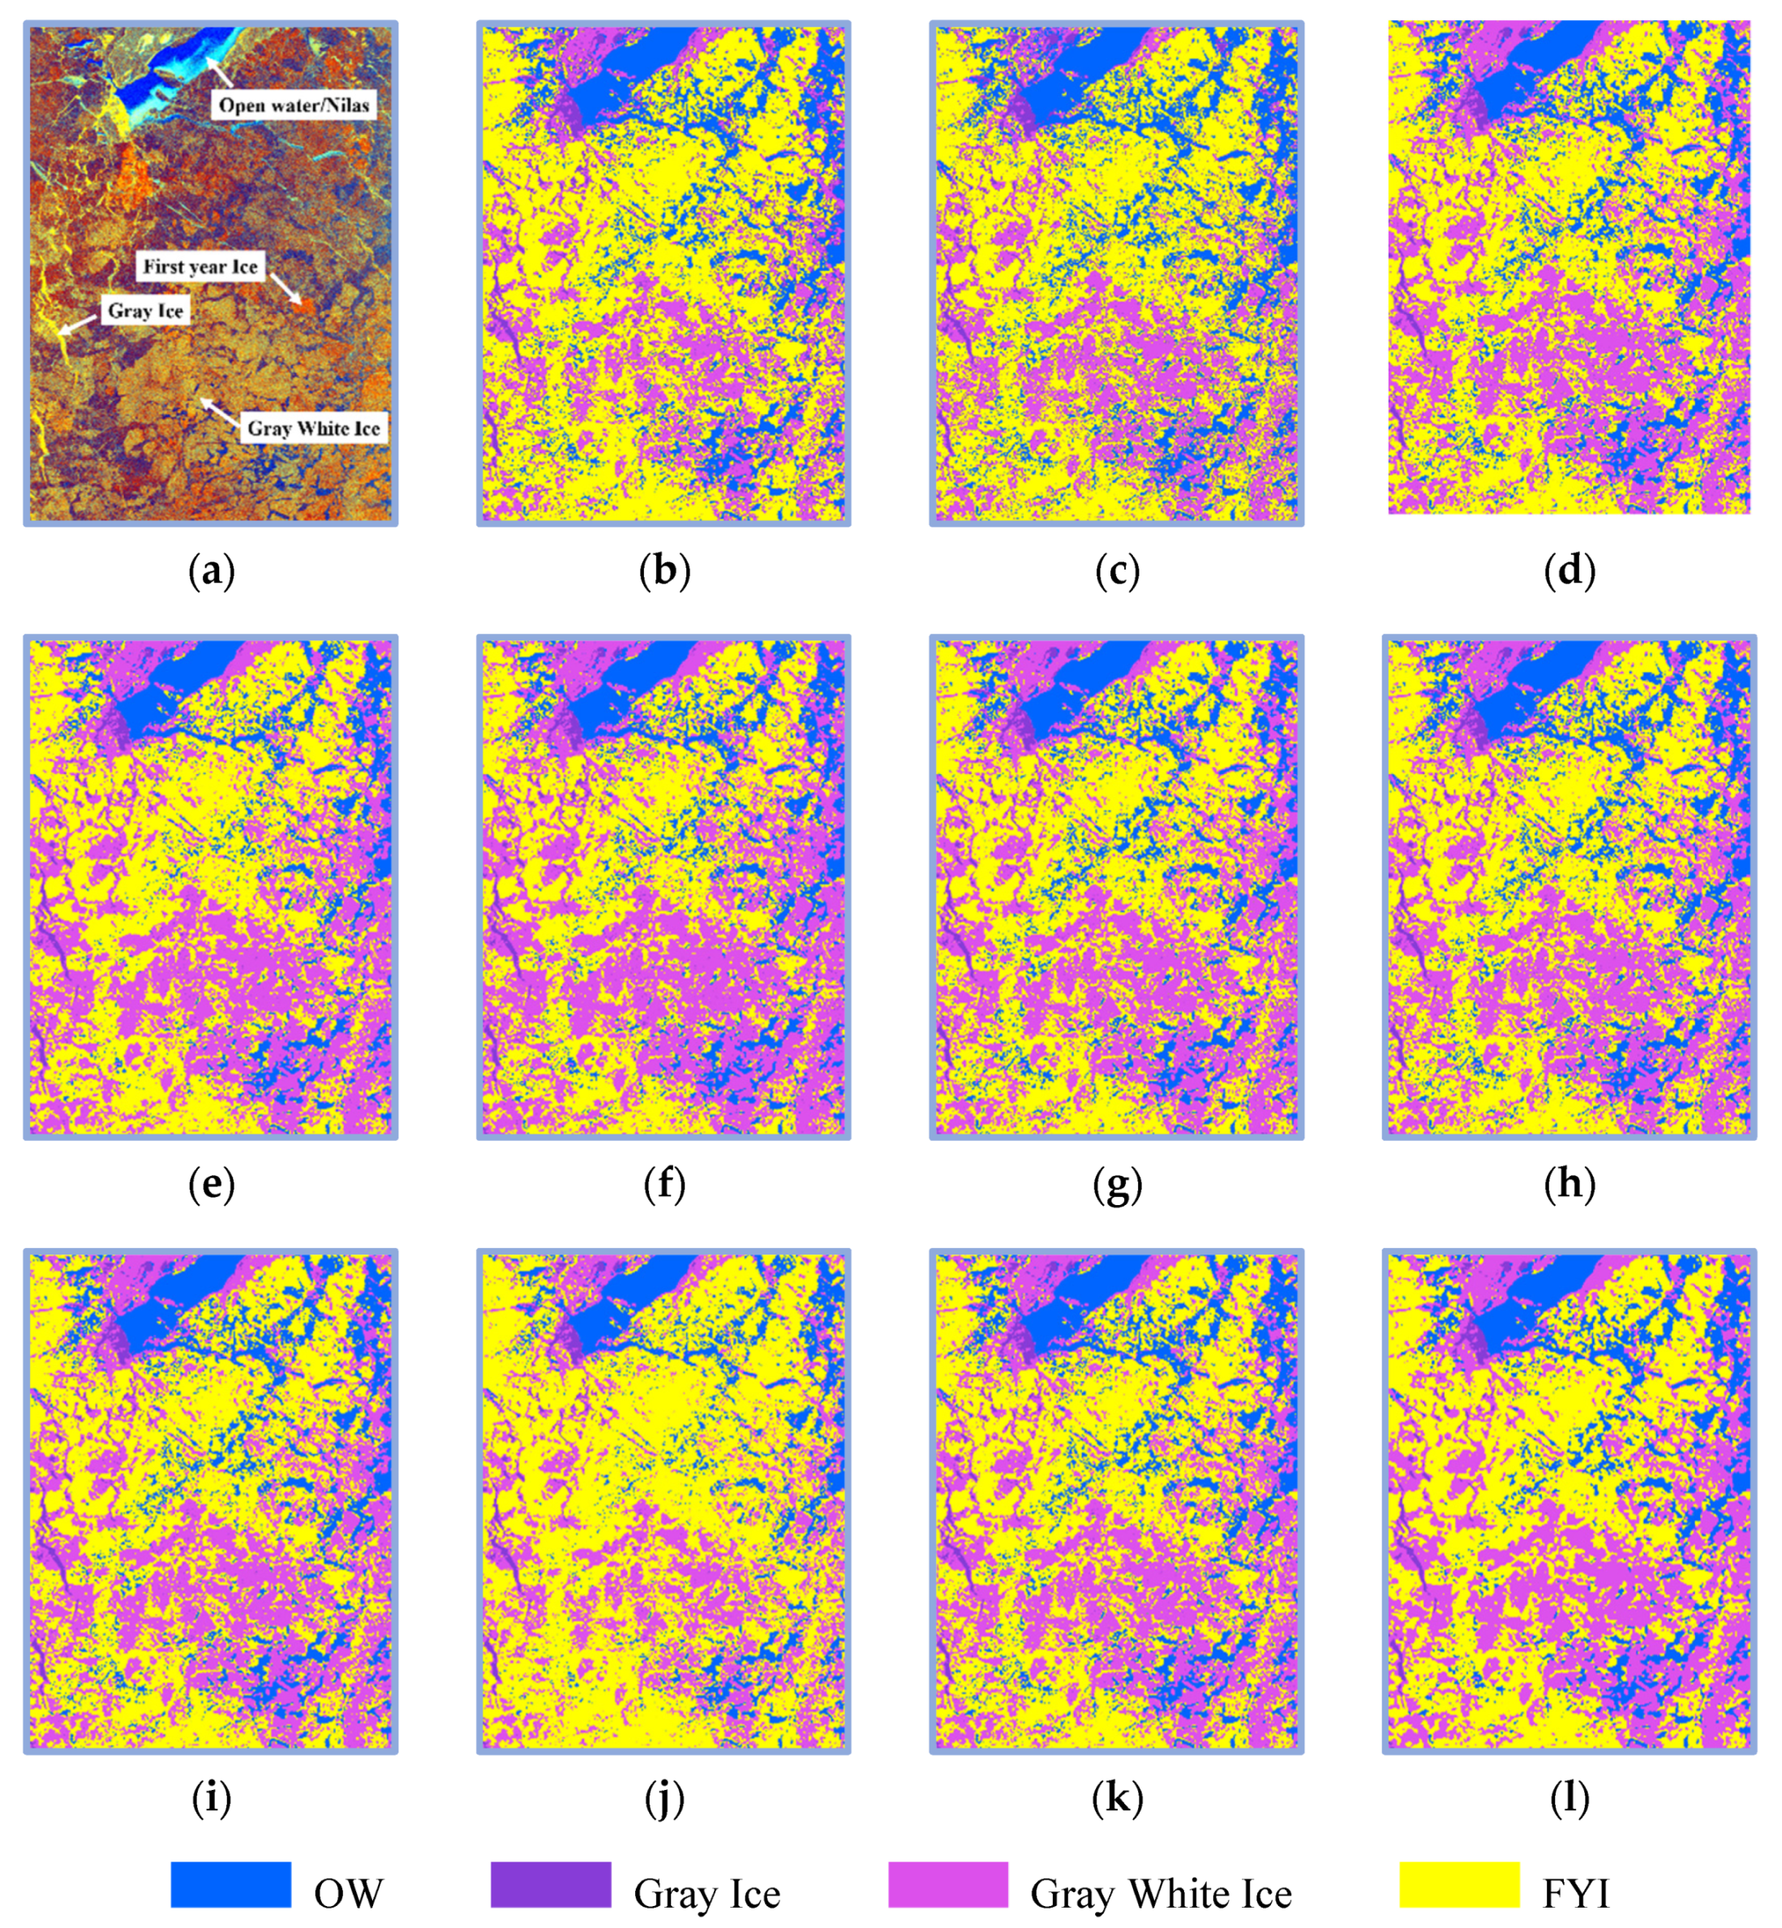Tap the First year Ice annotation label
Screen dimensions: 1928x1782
pyautogui.click(x=200, y=266)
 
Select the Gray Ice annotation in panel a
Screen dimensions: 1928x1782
pyautogui.click(x=144, y=311)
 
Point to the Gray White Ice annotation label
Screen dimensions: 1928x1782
pyautogui.click(x=313, y=428)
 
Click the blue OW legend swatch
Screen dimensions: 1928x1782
pyautogui.click(x=230, y=1883)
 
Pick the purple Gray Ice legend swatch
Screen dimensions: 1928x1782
pyautogui.click(x=551, y=1883)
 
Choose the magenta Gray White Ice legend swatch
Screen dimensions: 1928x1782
pyautogui.click(x=948, y=1883)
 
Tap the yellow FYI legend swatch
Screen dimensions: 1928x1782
pyautogui.click(x=1459, y=1883)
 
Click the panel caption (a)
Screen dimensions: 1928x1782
pyautogui.click(x=211, y=571)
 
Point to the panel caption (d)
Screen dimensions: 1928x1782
pyautogui.click(x=1569, y=571)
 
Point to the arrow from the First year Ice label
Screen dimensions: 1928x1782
pyautogui.click(x=286, y=288)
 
